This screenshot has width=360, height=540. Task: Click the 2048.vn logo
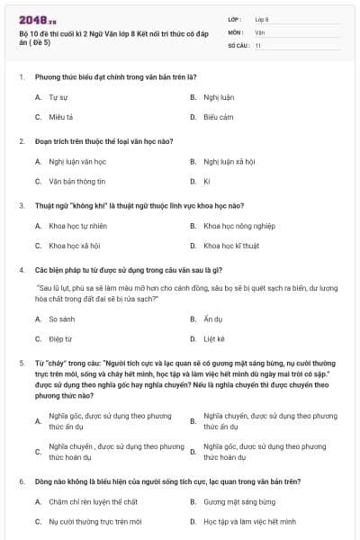(37, 19)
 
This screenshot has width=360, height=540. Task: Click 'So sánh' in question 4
(61, 319)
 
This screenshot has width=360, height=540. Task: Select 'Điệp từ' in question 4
(60, 339)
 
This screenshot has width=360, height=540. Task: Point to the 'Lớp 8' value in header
(262, 19)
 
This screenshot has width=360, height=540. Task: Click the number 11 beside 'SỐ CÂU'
(258, 44)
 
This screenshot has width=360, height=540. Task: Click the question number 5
(21, 361)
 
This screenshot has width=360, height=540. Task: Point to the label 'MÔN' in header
(236, 31)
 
